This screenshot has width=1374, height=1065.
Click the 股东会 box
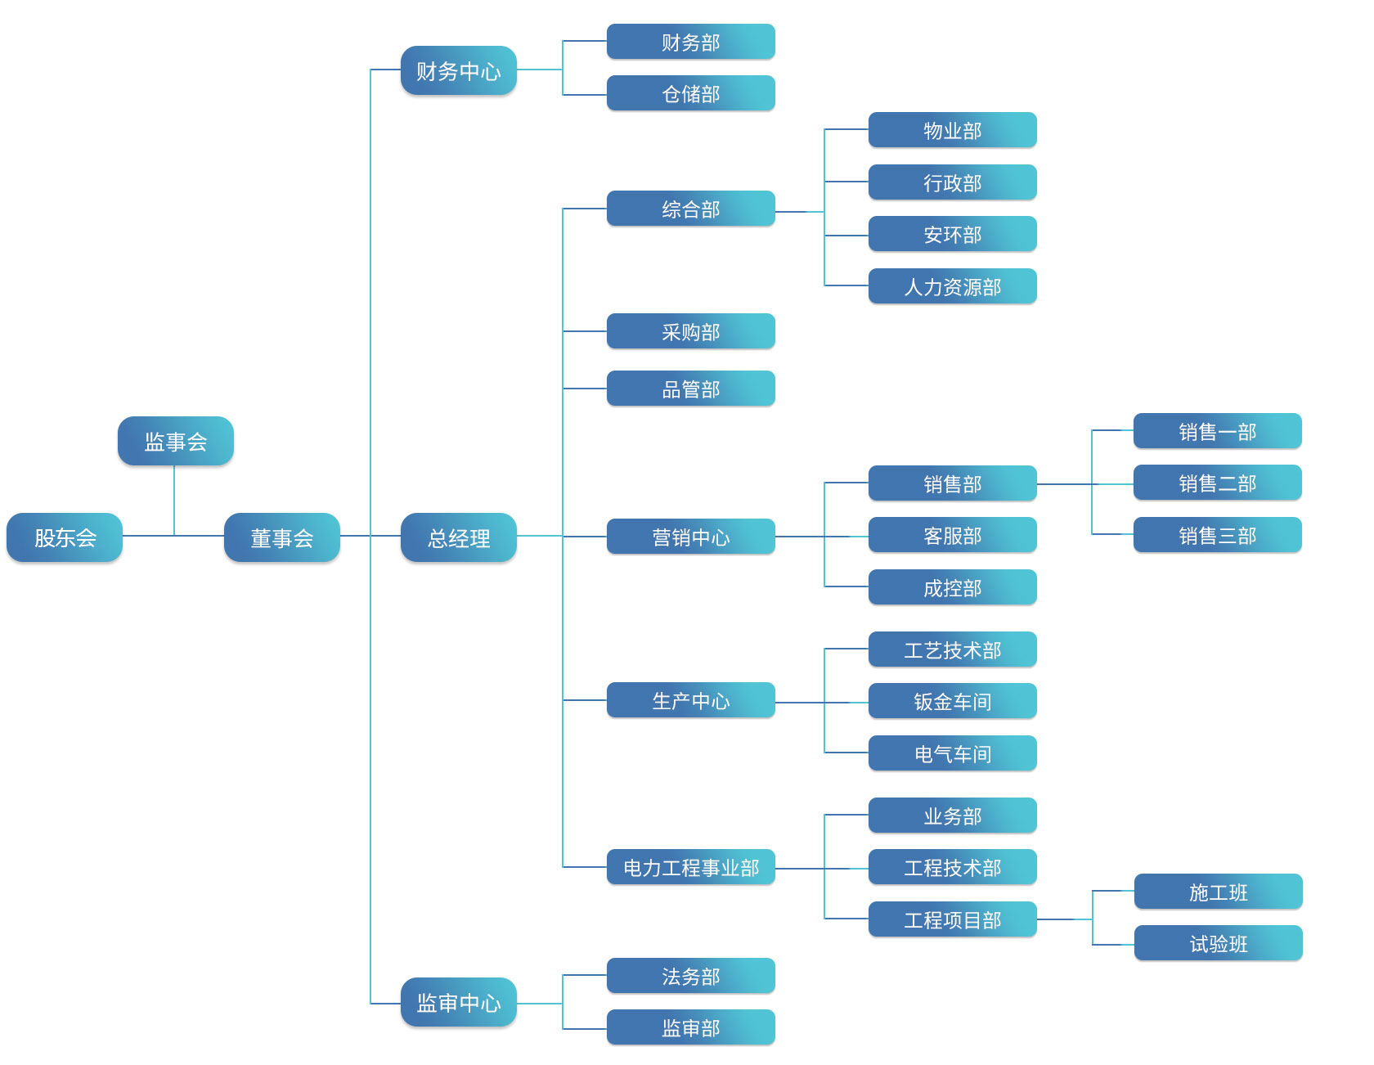[x=65, y=537]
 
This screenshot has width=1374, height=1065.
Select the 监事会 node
[x=176, y=442]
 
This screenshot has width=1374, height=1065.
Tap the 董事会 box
[x=282, y=537]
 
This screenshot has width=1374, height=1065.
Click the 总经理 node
[x=459, y=537]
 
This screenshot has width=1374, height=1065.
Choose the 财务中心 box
[x=459, y=71]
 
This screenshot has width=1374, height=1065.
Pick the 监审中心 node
[x=459, y=1002]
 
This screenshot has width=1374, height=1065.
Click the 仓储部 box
[x=691, y=94]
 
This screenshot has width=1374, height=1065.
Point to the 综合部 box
[x=691, y=209]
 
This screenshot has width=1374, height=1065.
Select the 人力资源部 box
[x=953, y=287]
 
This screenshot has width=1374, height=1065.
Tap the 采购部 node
[x=691, y=332]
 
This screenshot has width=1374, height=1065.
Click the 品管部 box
[x=691, y=389]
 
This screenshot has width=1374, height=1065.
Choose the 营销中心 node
[x=691, y=537]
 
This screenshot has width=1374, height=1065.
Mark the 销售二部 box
[x=1218, y=483]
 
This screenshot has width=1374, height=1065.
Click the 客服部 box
[x=953, y=536]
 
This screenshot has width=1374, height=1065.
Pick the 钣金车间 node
[x=953, y=702]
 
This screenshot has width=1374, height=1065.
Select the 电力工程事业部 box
[x=691, y=868]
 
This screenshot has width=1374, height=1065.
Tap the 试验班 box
[x=1219, y=944]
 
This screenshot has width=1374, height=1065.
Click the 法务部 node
[x=691, y=977]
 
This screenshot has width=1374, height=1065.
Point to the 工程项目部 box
[x=953, y=920]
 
